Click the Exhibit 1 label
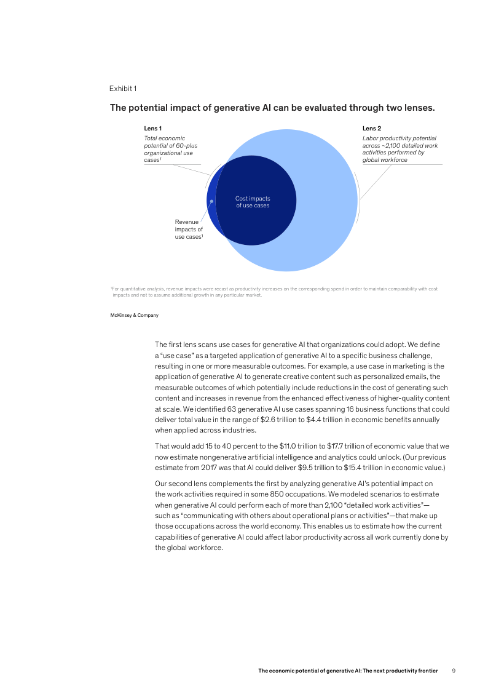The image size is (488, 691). (123, 89)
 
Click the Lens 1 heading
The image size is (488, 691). (152, 129)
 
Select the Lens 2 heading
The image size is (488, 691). (372, 129)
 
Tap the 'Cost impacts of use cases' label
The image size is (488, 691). (253, 202)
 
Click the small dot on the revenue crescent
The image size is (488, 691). (211, 200)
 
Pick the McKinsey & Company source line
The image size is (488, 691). (134, 315)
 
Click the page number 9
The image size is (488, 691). (454, 671)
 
